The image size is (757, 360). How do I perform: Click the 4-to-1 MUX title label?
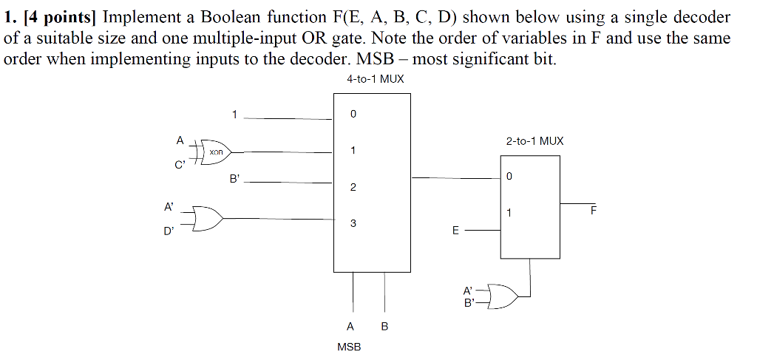pyautogui.click(x=375, y=79)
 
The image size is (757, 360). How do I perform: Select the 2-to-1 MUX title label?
pyautogui.click(x=534, y=140)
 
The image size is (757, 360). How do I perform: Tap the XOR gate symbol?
pyautogui.click(x=216, y=152)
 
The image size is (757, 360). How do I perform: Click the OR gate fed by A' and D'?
pyautogui.click(x=206, y=219)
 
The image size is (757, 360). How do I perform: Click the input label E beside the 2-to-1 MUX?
pyautogui.click(x=455, y=231)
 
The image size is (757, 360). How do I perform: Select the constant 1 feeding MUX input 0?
pyautogui.click(x=234, y=115)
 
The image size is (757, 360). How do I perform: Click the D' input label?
pyautogui.click(x=169, y=231)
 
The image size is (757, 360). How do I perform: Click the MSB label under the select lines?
pyautogui.click(x=348, y=346)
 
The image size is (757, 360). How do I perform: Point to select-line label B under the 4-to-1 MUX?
pyautogui.click(x=384, y=327)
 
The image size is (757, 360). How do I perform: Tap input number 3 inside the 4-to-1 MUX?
pyautogui.click(x=353, y=223)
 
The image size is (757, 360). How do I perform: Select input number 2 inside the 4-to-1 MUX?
pyautogui.click(x=353, y=187)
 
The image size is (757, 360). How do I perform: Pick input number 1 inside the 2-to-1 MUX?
pyautogui.click(x=509, y=213)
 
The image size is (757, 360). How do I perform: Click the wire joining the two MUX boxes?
pyautogui.click(x=455, y=178)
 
